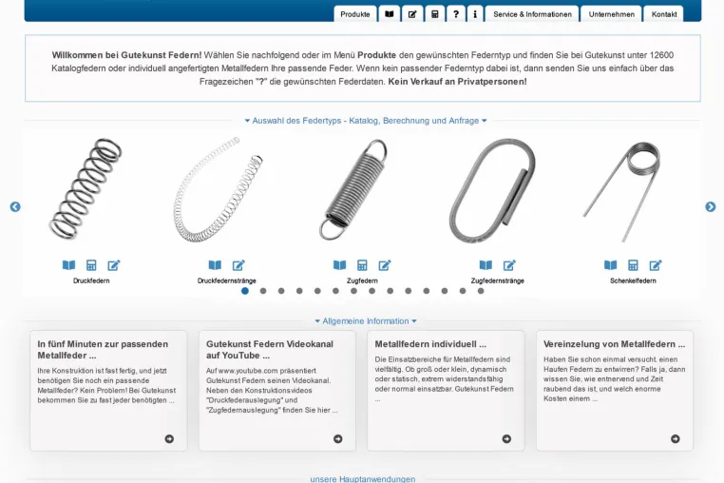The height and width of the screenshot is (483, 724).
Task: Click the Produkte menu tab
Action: point(355,14)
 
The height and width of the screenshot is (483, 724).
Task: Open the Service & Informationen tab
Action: point(532,14)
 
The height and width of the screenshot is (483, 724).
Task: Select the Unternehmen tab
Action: point(611,14)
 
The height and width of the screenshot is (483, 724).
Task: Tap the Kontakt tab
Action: point(663,14)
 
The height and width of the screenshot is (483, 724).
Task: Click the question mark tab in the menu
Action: point(456,14)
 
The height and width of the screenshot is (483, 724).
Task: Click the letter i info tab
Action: point(475,14)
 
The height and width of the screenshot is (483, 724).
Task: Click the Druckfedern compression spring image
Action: point(86,188)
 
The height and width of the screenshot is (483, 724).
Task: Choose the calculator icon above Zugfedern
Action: point(362,265)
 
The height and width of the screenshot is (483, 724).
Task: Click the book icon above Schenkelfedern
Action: point(610,265)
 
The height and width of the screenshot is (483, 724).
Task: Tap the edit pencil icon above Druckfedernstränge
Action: point(238,265)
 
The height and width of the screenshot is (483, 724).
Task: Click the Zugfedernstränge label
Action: point(497,280)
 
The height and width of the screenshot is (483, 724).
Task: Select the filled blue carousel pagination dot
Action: point(245,291)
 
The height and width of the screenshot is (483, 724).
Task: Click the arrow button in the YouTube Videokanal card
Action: point(338,438)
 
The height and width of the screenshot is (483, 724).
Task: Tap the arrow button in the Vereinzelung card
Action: point(675,438)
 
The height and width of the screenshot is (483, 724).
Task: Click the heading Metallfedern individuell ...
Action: point(430,344)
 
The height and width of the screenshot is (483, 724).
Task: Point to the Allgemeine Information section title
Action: point(365,320)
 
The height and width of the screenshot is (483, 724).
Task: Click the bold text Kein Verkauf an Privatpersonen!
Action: point(457,82)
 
